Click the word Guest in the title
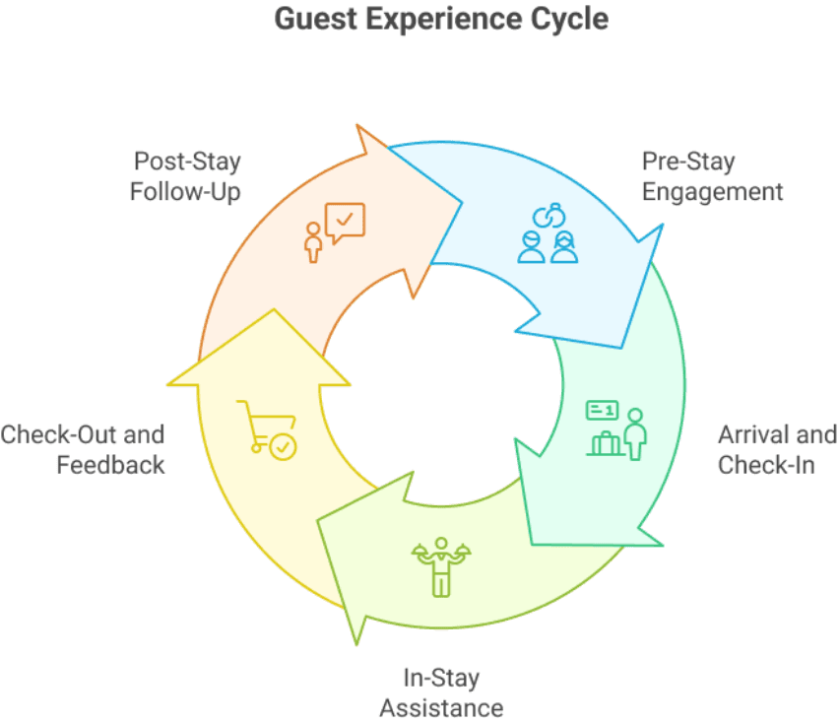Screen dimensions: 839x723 click(x=316, y=20)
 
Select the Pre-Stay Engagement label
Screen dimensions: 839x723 click(x=712, y=176)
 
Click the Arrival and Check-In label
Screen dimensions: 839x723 click(x=777, y=449)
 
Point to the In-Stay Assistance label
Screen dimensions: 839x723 click(x=441, y=693)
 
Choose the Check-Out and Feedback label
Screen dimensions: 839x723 click(x=83, y=449)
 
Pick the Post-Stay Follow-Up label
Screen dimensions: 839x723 click(x=185, y=176)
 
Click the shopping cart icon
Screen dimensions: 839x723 click(x=267, y=430)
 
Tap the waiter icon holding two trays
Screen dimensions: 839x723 click(x=441, y=567)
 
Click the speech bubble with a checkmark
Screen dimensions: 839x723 click(x=345, y=222)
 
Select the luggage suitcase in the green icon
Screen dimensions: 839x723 click(x=606, y=443)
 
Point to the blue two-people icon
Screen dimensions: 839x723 click(x=548, y=247)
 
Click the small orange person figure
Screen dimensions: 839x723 click(x=313, y=243)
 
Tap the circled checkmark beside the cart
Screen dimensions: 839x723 click(x=283, y=447)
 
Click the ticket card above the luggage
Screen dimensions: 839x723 click(x=603, y=410)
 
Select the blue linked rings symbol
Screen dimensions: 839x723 click(x=549, y=215)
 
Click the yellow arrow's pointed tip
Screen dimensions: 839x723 click(x=274, y=309)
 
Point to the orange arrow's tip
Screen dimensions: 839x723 click(x=461, y=202)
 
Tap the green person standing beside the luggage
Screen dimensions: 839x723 click(x=636, y=434)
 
